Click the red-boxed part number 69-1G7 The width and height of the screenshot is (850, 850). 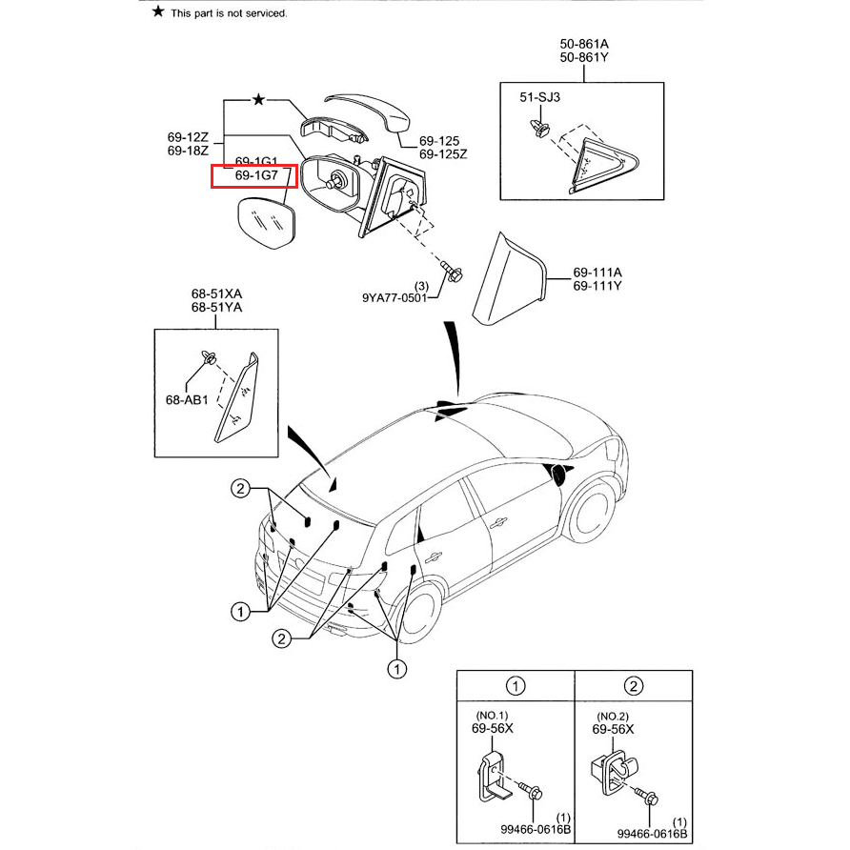[x=255, y=176]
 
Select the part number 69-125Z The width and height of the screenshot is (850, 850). [x=444, y=153]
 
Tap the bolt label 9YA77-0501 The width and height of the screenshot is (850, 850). [x=394, y=297]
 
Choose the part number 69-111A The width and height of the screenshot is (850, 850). [x=597, y=272]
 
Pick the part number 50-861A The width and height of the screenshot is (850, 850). [x=583, y=45]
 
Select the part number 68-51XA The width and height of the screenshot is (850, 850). [x=216, y=293]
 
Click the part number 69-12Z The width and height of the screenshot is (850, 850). [x=188, y=137]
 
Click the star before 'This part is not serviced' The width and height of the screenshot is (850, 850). [x=157, y=12]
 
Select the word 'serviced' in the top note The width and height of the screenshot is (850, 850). [x=263, y=13]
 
